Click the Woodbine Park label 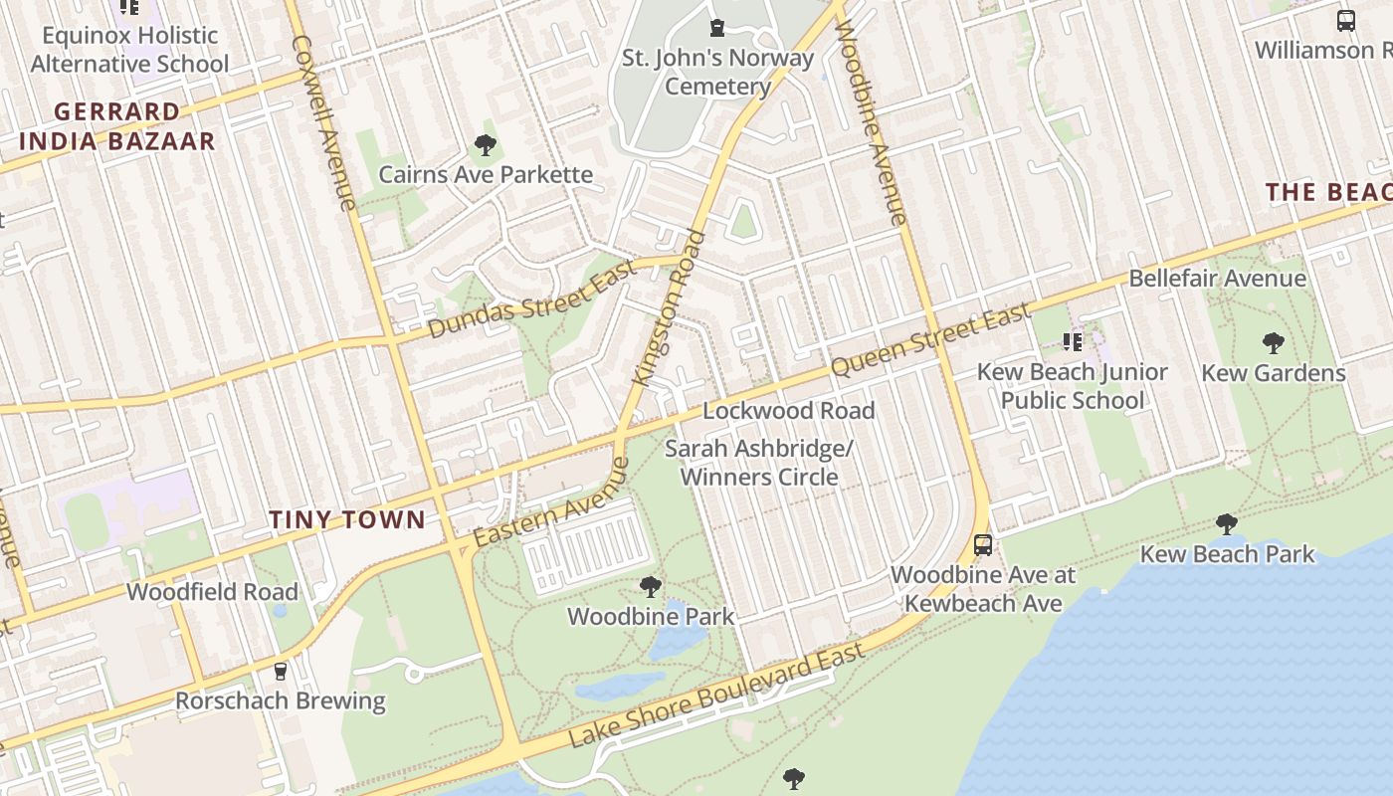coord(651,617)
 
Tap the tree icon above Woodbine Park coord(651,587)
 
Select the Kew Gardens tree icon coord(1273,344)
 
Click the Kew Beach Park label coord(1227,554)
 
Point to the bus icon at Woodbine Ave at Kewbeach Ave coord(983,545)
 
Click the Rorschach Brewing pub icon coord(281,672)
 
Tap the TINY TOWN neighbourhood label coord(347,519)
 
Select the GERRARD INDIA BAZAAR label coord(117,126)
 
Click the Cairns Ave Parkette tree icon coord(486,146)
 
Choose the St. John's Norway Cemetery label coord(717,72)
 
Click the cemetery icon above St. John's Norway coord(716,28)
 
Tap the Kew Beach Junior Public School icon coord(1073,343)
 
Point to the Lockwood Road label coord(789,410)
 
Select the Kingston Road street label coord(670,308)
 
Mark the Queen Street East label coord(930,341)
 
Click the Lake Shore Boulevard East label coord(716,696)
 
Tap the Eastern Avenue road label coord(551,502)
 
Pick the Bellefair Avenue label coord(1217,278)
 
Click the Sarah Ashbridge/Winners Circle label coord(758,463)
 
